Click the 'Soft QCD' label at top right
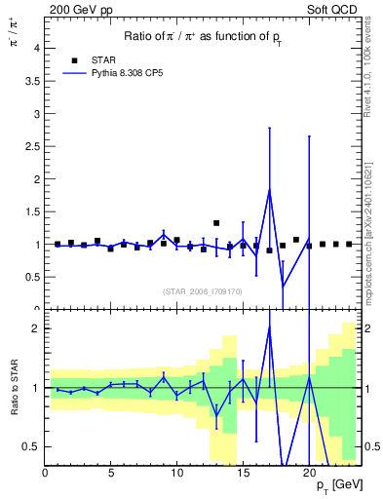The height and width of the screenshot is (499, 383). (335, 9)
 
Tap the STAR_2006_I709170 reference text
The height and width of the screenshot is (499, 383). (203, 290)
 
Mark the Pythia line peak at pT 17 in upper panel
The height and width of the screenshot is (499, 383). (269, 190)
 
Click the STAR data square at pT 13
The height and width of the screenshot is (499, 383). (216, 223)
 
